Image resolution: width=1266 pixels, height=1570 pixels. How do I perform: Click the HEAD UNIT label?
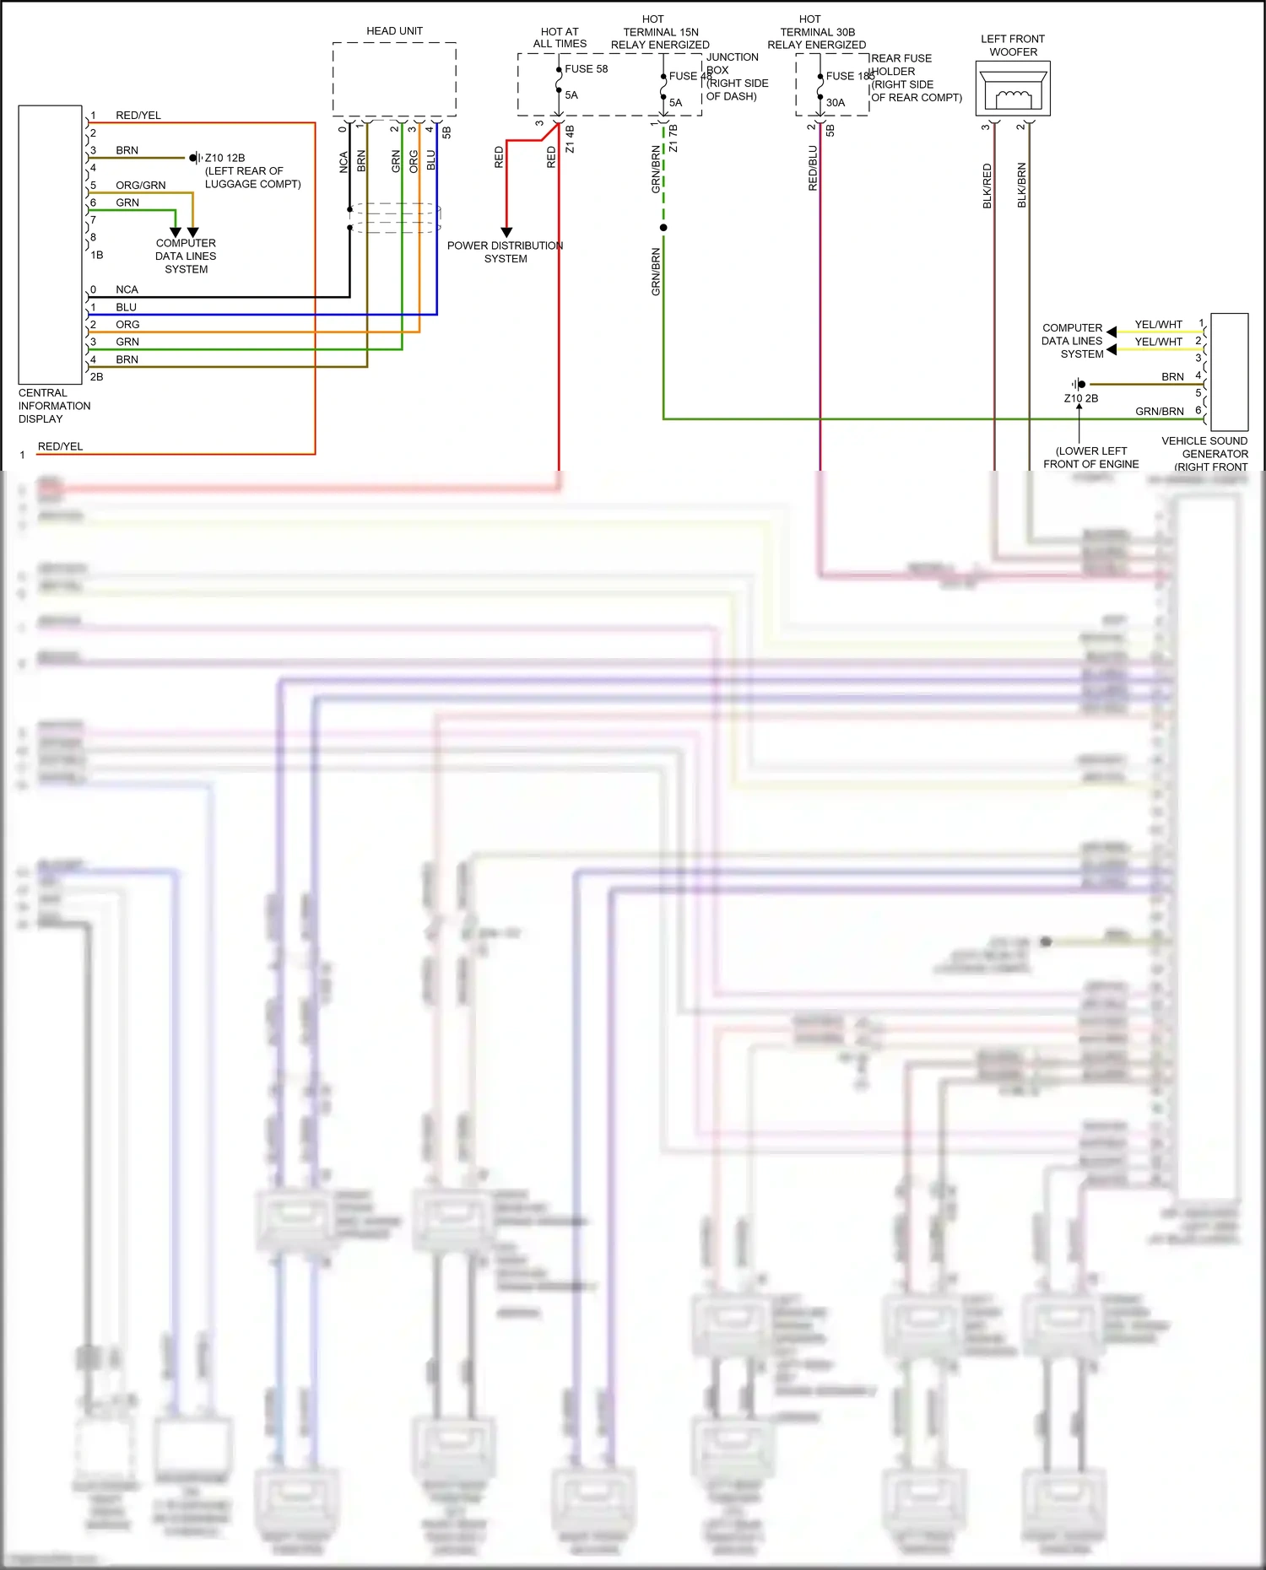[394, 31]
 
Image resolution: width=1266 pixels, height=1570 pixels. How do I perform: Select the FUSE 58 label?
[586, 69]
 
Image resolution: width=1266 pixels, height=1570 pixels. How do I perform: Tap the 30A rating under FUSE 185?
[835, 103]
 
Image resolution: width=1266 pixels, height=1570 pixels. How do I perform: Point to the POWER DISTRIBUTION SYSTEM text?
[505, 252]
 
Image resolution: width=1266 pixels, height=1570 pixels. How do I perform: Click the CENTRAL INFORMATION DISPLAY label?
[54, 406]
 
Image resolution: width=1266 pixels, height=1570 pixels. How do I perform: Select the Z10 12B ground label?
[225, 158]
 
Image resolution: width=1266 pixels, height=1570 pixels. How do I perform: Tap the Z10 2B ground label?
[1080, 398]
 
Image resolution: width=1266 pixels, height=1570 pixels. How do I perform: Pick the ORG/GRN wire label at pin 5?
[140, 185]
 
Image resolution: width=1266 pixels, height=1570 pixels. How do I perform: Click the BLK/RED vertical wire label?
[987, 186]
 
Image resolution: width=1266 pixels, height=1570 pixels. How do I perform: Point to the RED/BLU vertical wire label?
[813, 168]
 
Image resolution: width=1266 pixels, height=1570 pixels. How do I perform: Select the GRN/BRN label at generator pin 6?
[1159, 412]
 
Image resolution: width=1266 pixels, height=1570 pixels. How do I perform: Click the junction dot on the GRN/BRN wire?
[663, 228]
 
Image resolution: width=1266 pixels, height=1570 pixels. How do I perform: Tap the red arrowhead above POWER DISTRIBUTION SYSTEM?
[506, 232]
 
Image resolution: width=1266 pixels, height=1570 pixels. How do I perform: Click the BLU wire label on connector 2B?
[126, 307]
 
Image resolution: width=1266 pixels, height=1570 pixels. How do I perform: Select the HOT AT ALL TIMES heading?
[560, 38]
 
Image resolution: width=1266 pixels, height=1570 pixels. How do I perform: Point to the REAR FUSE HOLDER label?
[901, 65]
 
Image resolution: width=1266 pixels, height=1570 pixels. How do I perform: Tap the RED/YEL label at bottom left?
[60, 446]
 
